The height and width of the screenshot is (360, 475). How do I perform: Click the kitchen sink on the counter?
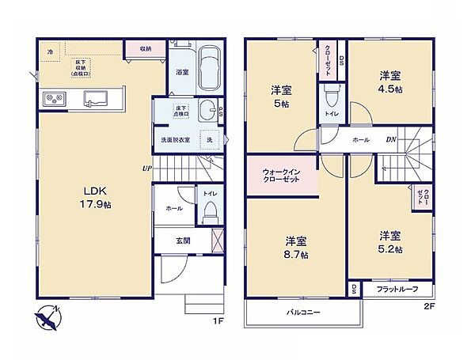[99, 98]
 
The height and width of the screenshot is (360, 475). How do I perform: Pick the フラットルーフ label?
[391, 289]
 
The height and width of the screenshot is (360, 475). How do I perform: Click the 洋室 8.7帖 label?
[297, 247]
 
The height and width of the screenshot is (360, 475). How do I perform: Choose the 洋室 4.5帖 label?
[389, 82]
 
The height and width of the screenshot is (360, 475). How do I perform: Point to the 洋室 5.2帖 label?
[389, 242]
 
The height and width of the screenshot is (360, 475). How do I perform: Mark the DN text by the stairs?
[390, 140]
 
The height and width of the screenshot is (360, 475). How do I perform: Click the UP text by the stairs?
[146, 168]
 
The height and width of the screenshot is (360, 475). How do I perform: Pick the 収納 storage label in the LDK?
[146, 49]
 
